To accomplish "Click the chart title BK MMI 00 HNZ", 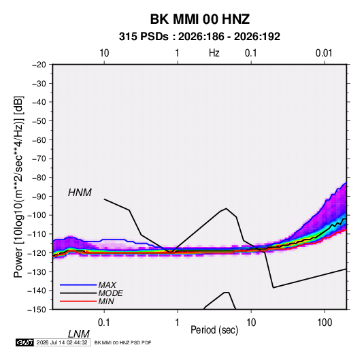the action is [200, 19].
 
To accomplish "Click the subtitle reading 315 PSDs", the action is [144, 37].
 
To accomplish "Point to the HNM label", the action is [80, 193].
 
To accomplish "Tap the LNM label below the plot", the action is [78, 334].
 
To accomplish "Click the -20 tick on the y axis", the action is [39, 65].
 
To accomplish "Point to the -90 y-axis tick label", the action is [39, 197].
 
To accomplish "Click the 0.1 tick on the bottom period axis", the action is [104, 323].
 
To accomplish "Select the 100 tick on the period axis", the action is [325, 323].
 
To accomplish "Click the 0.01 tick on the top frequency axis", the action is [324, 53].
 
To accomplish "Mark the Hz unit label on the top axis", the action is [214, 53].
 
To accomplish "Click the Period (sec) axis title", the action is [214, 330].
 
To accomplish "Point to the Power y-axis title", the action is [18, 187].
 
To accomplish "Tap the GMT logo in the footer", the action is [24, 342].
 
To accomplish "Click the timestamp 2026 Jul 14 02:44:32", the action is [62, 342].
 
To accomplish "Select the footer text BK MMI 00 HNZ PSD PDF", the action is [122, 342].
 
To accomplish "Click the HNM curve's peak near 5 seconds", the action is [226, 208].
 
